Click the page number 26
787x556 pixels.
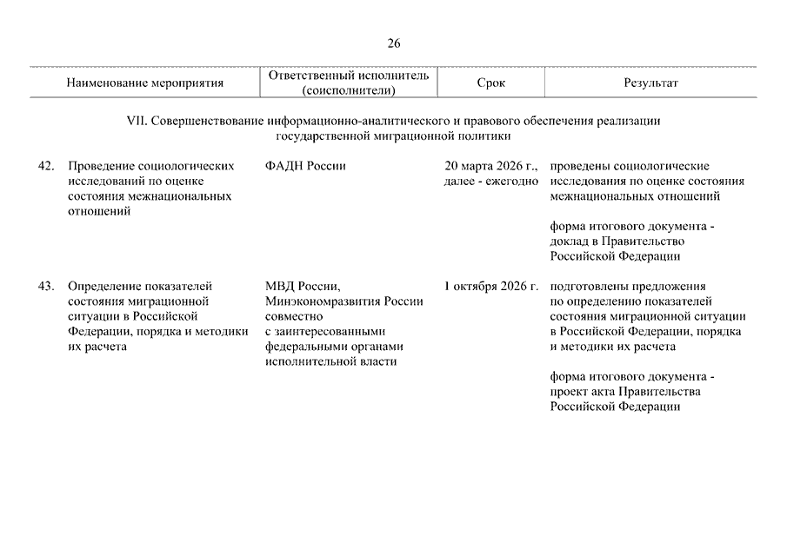coord(394,43)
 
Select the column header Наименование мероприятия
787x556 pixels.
coord(144,83)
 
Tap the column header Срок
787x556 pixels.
coord(490,83)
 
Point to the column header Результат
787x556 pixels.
coord(650,83)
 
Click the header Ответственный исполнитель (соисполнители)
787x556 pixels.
coord(349,83)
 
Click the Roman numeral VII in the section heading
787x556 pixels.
coord(137,122)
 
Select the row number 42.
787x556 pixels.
coord(47,166)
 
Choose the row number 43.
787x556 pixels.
coord(47,286)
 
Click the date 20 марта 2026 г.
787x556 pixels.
coord(491,166)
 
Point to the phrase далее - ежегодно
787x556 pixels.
coord(491,181)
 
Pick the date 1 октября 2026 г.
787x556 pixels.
coord(491,286)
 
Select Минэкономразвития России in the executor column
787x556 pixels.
coord(344,301)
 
